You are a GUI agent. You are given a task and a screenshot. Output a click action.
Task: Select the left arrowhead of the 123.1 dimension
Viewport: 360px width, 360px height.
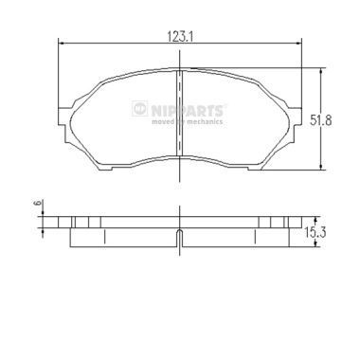(63, 41)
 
